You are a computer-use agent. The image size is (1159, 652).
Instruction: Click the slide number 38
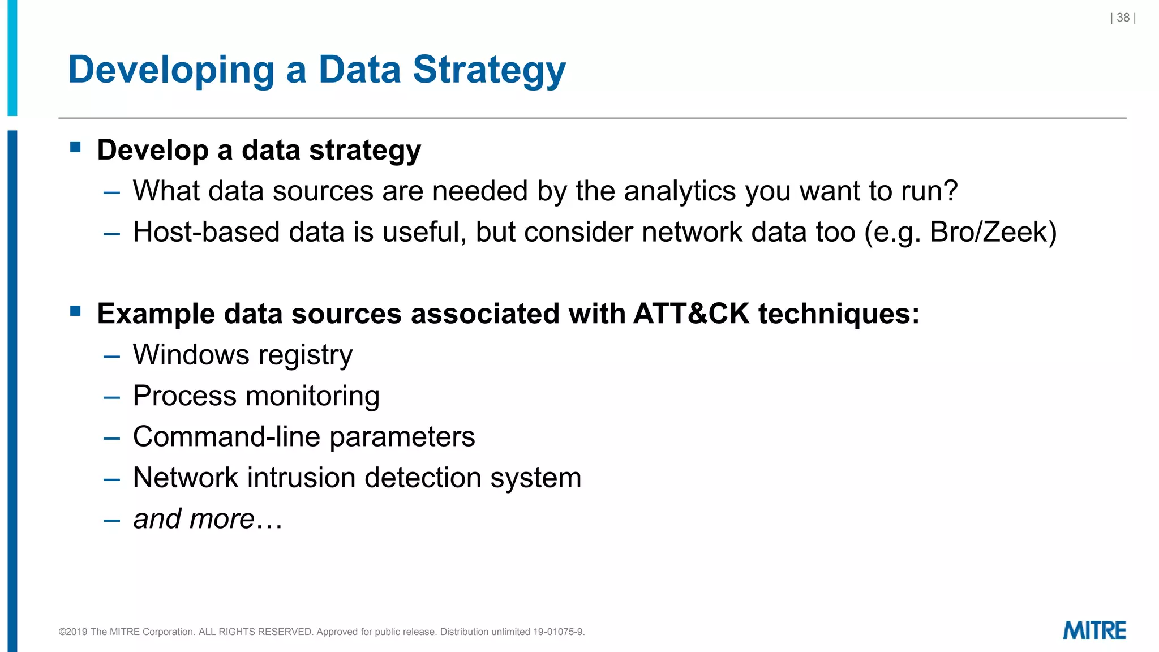pos(1123,18)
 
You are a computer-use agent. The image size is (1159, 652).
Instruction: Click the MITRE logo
pos(1094,630)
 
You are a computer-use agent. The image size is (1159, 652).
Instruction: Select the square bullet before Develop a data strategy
pos(76,148)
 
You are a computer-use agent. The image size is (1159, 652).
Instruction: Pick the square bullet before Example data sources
pos(76,311)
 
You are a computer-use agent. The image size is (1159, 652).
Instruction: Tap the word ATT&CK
pos(691,314)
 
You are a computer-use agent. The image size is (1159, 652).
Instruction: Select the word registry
pos(305,355)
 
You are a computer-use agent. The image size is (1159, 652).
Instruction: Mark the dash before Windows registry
pos(112,357)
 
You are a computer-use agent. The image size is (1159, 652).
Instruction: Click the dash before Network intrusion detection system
pos(112,479)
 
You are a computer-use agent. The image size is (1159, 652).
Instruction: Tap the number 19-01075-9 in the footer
pos(558,632)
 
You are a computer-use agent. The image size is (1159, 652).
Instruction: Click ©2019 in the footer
pos(73,632)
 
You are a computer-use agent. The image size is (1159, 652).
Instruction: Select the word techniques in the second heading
pos(838,314)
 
